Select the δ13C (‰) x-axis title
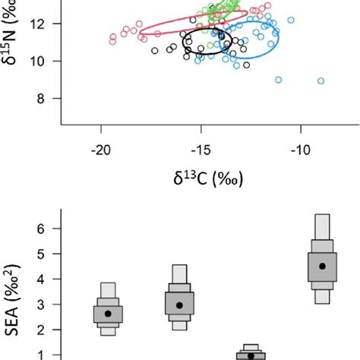(x=201, y=181)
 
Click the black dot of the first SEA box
(x=108, y=314)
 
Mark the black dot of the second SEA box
(x=179, y=305)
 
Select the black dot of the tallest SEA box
(x=322, y=266)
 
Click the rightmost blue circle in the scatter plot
(x=321, y=81)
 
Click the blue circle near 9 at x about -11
(x=279, y=80)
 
